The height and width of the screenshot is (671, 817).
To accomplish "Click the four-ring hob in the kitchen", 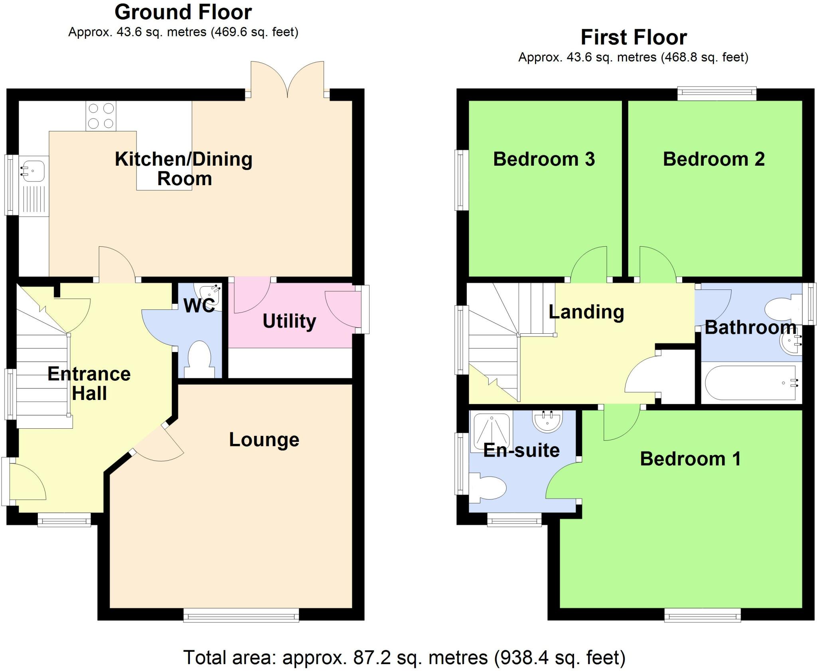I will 101,116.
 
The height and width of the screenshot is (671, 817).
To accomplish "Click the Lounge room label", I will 264,440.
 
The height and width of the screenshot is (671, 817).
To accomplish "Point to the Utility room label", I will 289,321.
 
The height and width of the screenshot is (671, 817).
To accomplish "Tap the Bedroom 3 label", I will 544,159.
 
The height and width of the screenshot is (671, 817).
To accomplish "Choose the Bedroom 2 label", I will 714,159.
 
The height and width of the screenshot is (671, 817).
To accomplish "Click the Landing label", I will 586,312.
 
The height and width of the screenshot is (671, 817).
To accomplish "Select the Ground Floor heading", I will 183,12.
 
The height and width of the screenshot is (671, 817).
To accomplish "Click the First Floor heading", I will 633,38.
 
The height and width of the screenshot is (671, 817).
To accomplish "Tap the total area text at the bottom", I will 404,657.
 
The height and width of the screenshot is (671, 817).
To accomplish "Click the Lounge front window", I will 241,615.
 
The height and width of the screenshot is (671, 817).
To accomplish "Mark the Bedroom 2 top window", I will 717,94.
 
